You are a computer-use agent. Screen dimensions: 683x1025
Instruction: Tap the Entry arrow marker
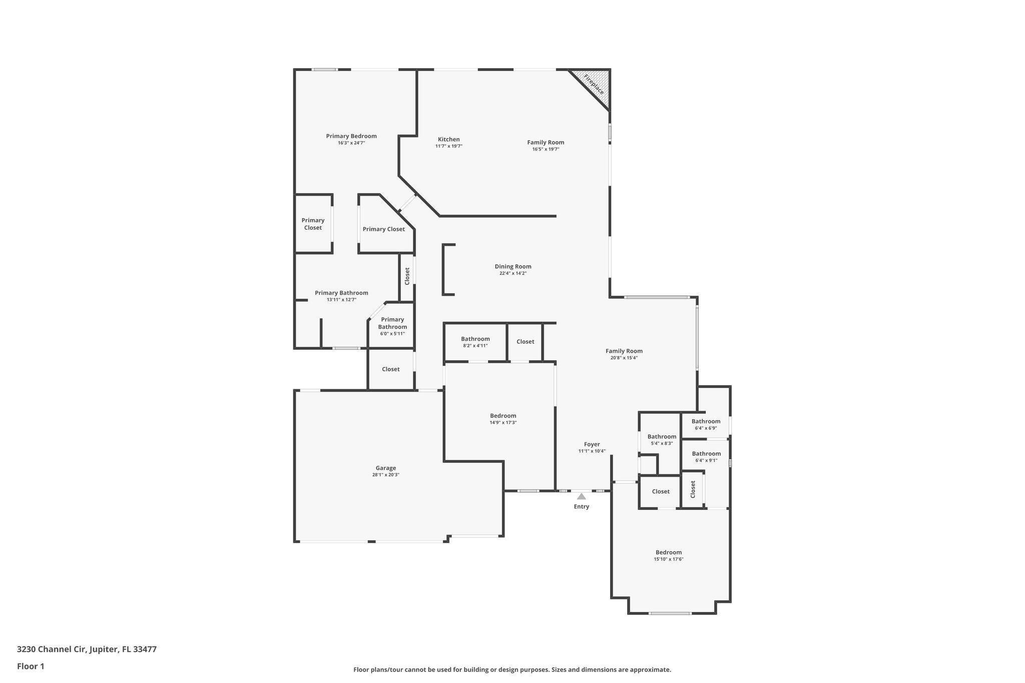[581, 496]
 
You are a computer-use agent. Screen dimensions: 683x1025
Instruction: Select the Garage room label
[386, 468]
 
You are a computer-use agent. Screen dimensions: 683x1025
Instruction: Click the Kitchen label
[448, 139]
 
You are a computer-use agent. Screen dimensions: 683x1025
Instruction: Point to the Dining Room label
[513, 266]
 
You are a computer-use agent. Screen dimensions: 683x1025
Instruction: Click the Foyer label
[592, 444]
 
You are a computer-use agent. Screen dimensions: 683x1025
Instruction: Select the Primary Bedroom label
[351, 136]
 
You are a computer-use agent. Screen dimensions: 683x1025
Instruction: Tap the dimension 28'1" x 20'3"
[386, 475]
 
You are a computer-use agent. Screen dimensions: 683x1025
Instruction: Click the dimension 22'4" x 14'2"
[513, 273]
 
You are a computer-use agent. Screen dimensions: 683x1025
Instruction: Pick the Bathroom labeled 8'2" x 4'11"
[475, 339]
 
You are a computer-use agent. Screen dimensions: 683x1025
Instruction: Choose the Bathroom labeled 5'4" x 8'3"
[662, 436]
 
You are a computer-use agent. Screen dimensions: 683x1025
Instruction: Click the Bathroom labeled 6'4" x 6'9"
[706, 421]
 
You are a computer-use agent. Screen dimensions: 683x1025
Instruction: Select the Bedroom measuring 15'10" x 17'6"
[669, 552]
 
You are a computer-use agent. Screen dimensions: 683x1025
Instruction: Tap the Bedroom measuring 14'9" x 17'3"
[503, 415]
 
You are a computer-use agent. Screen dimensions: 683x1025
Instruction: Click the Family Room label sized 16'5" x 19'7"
[546, 142]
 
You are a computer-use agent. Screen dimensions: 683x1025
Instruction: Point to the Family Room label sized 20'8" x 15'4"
[624, 351]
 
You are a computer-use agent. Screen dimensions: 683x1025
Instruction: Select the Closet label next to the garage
[391, 369]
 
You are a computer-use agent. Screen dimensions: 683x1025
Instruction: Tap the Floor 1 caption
[31, 666]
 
